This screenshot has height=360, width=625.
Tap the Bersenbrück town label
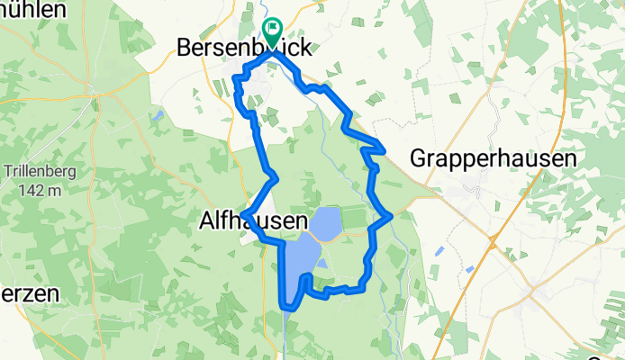(x=245, y=48)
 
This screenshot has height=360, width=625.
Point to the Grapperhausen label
(x=493, y=158)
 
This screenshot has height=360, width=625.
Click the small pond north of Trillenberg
(x=159, y=116)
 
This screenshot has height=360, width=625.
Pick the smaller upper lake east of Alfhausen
(x=325, y=220)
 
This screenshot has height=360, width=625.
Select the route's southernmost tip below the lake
(x=286, y=306)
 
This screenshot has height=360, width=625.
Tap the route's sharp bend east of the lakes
(x=390, y=216)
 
